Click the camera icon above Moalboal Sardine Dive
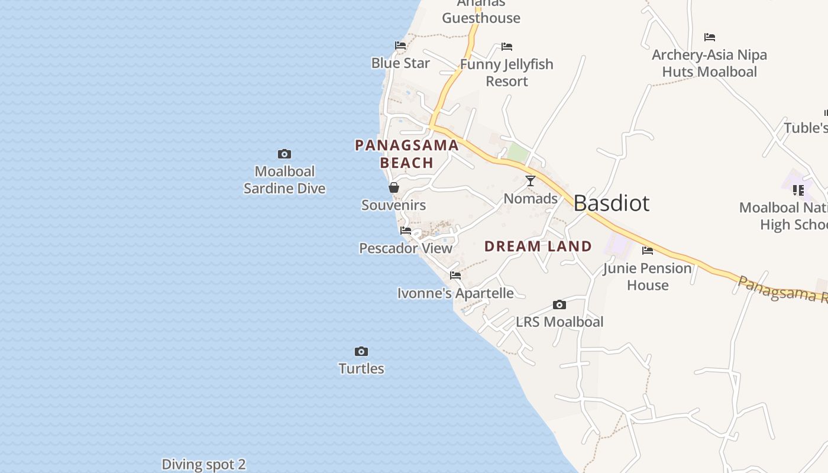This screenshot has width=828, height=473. point(284,154)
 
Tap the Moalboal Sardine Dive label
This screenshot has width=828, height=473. point(284,180)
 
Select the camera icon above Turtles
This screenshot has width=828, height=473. point(361,352)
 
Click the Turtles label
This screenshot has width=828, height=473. point(361,369)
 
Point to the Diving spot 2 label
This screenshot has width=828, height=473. point(203,465)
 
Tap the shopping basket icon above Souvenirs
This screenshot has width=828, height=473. point(393,188)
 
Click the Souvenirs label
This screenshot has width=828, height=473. point(393,205)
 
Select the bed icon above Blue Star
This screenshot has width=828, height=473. point(400,46)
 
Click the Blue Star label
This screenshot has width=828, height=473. point(400,63)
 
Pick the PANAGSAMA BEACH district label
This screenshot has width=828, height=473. point(407,154)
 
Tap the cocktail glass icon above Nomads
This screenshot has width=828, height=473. point(531,181)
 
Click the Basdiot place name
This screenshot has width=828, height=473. point(612,203)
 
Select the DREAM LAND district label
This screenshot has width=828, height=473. point(538,247)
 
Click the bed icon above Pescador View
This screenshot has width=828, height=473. point(406,231)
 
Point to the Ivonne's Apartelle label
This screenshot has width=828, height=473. point(455,293)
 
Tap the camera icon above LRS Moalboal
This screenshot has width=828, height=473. point(559,305)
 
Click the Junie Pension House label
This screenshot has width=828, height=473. point(648,277)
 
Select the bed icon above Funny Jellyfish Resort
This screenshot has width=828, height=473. point(507,47)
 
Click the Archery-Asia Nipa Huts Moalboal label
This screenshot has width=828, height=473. point(709,63)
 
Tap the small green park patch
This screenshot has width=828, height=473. point(518,153)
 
